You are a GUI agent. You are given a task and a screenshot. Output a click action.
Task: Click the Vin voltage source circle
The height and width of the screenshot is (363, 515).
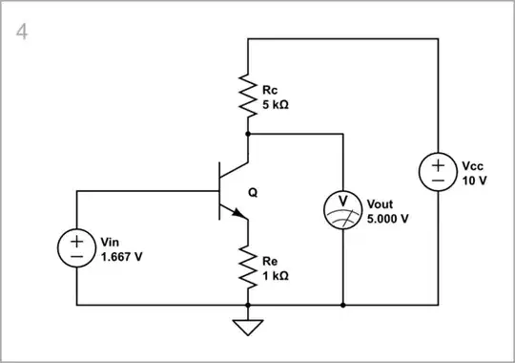click(75, 248)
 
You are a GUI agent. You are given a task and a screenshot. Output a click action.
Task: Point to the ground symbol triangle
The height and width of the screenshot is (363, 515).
click(247, 327)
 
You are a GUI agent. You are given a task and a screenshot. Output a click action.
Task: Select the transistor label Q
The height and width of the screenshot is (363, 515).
click(253, 191)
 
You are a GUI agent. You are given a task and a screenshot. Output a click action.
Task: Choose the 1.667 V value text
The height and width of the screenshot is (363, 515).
click(123, 255)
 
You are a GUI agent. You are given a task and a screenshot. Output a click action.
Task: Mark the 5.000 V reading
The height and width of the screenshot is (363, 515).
click(388, 218)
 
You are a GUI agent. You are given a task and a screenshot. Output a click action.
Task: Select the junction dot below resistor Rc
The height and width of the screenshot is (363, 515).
click(247, 135)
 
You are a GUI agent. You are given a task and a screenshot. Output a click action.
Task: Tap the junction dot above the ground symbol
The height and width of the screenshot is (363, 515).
click(247, 306)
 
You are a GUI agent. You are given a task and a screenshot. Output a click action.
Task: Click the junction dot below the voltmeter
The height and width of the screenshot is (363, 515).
click(342, 306)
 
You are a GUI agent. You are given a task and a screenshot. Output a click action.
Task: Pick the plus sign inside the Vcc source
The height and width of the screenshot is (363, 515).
click(438, 164)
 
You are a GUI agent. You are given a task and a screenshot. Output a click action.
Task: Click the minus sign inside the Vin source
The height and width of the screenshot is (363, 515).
click(75, 257)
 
